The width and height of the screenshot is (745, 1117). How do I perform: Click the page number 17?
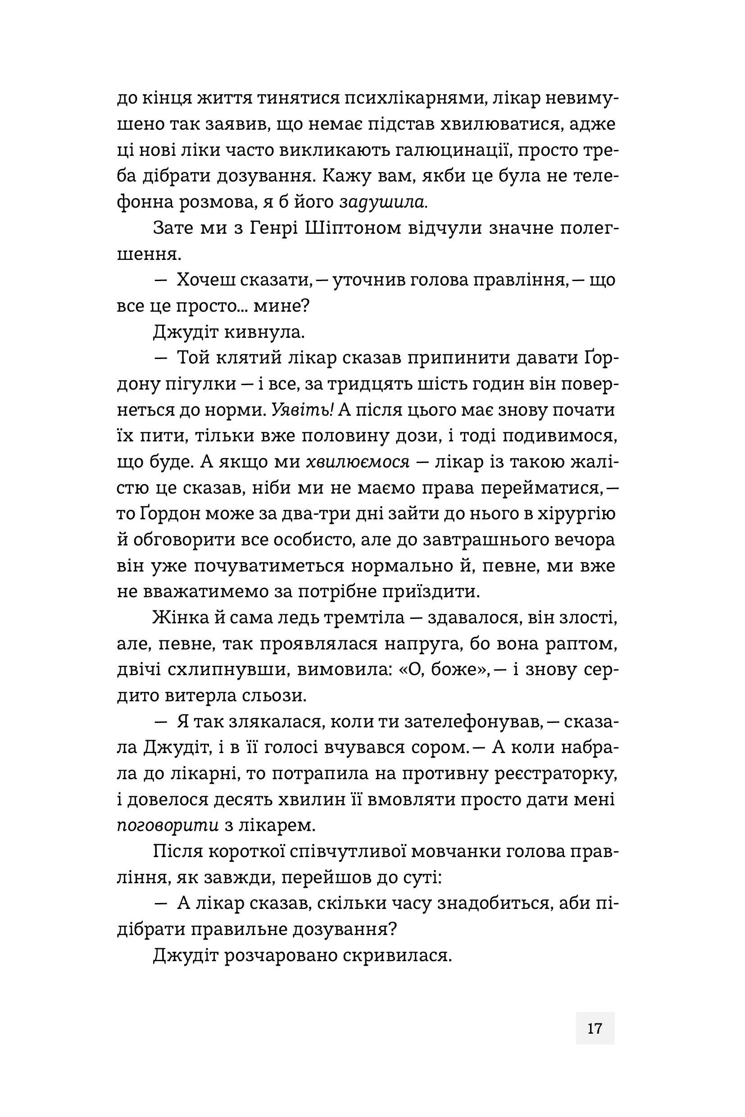595,1028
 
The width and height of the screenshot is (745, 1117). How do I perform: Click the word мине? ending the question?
281,306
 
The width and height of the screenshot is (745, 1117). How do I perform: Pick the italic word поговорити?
168,825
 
